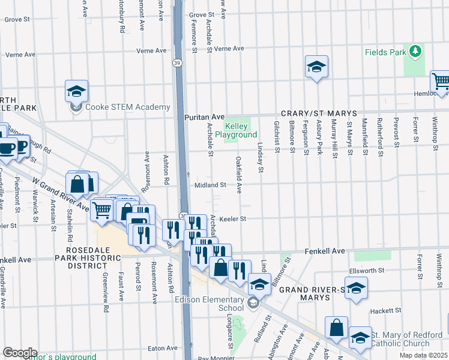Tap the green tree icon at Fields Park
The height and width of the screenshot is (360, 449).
(x=414, y=52)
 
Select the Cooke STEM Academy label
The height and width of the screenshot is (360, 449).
(x=127, y=107)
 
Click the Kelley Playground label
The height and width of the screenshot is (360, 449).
(x=240, y=130)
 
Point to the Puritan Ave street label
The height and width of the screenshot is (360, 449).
(x=204, y=116)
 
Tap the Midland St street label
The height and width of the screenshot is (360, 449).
(x=210, y=185)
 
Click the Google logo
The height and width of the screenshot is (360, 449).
(x=20, y=353)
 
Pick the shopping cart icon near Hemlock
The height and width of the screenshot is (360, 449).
(x=441, y=81)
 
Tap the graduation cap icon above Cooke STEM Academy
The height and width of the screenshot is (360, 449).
(x=77, y=91)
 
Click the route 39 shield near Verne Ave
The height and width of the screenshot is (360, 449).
(x=176, y=62)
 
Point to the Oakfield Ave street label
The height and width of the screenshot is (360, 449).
(x=239, y=175)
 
